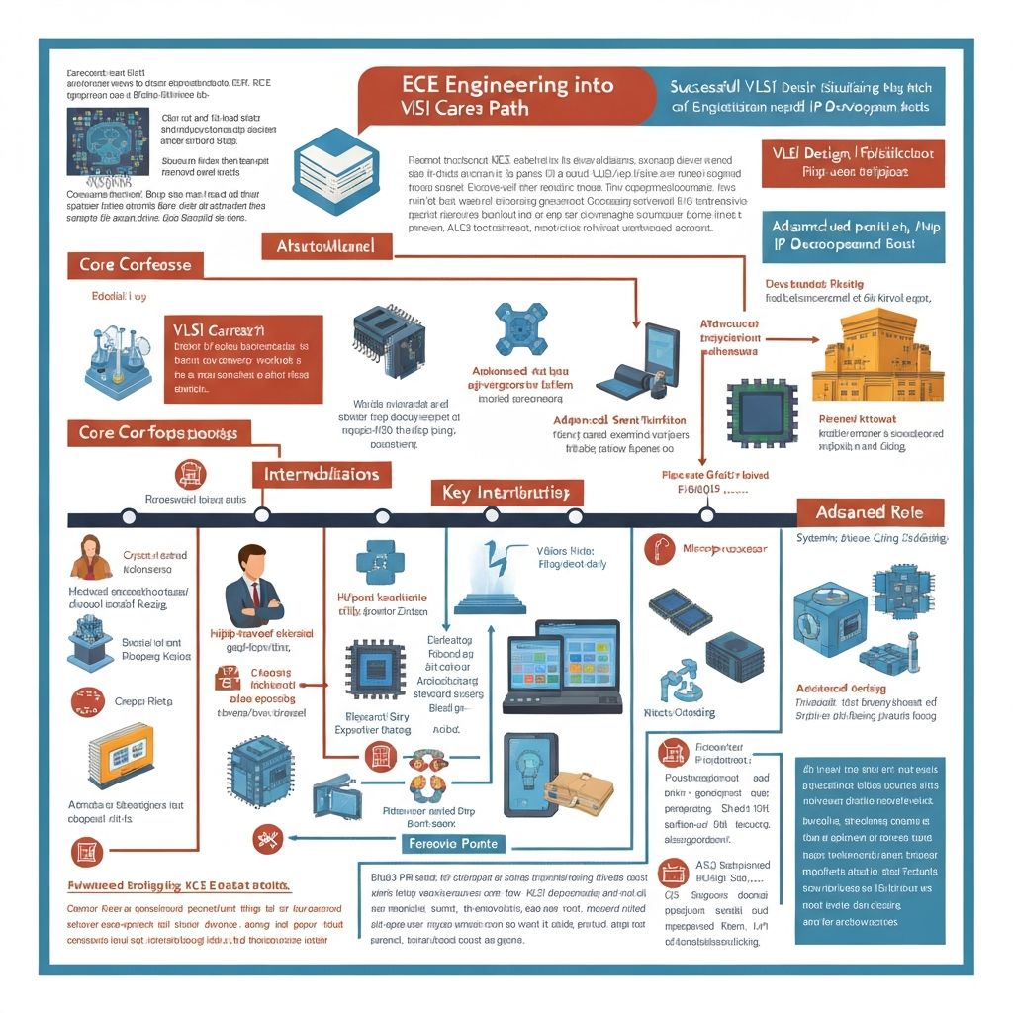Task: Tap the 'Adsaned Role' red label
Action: pyautogui.click(x=870, y=512)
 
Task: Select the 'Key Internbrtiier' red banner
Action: pyautogui.click(x=506, y=493)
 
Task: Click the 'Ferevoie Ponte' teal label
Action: pyautogui.click(x=454, y=844)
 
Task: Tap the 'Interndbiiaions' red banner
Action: pyautogui.click(x=321, y=474)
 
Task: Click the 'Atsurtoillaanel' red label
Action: pyautogui.click(x=325, y=246)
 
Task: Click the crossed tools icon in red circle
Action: pyautogui.click(x=267, y=839)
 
